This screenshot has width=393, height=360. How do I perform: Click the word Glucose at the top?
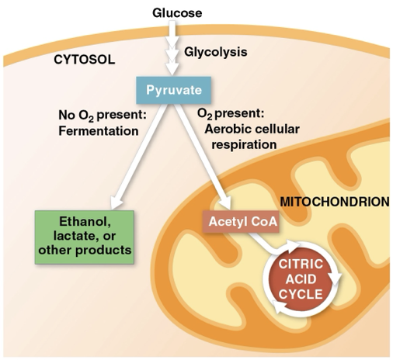point(176,13)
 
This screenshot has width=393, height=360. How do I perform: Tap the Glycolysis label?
point(216,52)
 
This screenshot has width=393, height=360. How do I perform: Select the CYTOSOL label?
point(84,59)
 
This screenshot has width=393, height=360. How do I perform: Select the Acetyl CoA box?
point(239,222)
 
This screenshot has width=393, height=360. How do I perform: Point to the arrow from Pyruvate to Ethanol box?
point(137,155)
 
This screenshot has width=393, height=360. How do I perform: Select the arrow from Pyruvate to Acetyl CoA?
point(204,154)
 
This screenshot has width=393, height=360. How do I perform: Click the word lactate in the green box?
point(81,234)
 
